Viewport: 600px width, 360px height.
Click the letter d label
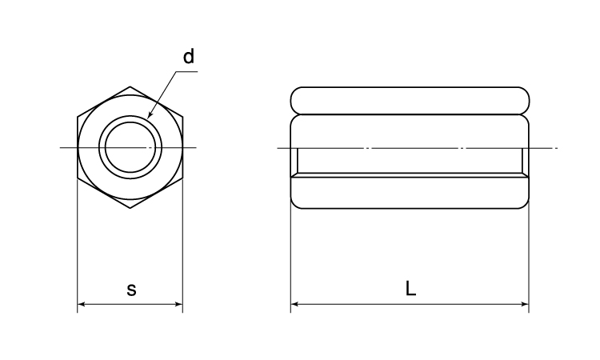(x=189, y=56)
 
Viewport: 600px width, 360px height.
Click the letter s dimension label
(x=131, y=290)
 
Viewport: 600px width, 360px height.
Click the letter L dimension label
(x=410, y=288)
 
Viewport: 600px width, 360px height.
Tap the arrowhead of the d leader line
(x=150, y=114)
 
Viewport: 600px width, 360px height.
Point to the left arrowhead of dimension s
(x=81, y=305)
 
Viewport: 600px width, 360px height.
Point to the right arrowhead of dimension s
(x=179, y=305)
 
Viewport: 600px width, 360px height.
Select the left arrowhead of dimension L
(x=294, y=305)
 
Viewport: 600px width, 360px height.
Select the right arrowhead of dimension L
(x=526, y=305)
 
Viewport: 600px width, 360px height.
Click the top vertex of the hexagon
(x=130, y=87)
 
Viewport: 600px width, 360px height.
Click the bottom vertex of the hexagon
(x=130, y=208)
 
